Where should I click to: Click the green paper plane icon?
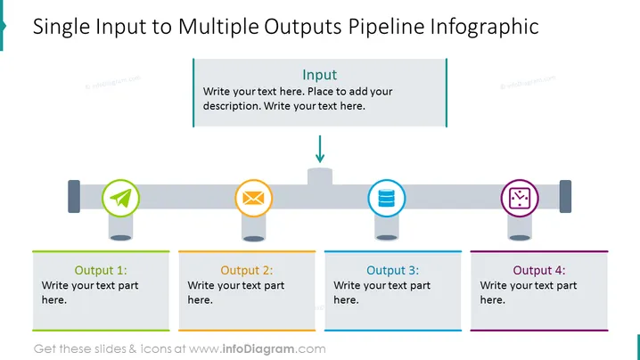click(121, 199)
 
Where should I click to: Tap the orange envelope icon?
click(253, 199)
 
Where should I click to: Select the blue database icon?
click(387, 199)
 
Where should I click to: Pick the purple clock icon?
click(520, 199)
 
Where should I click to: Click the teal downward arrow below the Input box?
click(320, 149)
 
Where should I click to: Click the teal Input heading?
click(320, 75)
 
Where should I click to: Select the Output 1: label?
click(101, 270)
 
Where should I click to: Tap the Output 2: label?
click(247, 270)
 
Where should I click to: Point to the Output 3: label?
click(393, 270)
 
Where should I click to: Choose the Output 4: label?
click(539, 270)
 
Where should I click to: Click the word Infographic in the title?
click(485, 27)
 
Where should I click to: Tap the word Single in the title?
click(62, 27)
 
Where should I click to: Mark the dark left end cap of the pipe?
click(74, 196)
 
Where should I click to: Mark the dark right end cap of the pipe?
click(565, 196)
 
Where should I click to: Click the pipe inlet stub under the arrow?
click(320, 176)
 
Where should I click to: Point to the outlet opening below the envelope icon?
click(253, 239)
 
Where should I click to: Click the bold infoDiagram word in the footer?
click(258, 349)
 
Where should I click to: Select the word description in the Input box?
click(231, 106)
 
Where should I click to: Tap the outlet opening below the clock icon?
click(520, 238)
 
